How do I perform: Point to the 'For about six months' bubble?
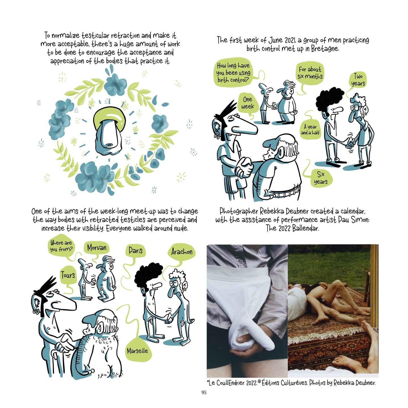point(310,73)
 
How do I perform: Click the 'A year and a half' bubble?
point(310,130)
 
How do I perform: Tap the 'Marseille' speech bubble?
point(137,351)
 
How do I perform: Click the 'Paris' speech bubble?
point(135,251)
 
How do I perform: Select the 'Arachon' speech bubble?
point(182,252)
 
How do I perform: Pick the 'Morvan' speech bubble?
point(97,248)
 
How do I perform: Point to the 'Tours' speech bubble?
point(68,275)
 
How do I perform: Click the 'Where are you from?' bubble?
point(61,246)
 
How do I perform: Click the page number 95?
point(204,392)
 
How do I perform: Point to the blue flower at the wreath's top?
point(115,84)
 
